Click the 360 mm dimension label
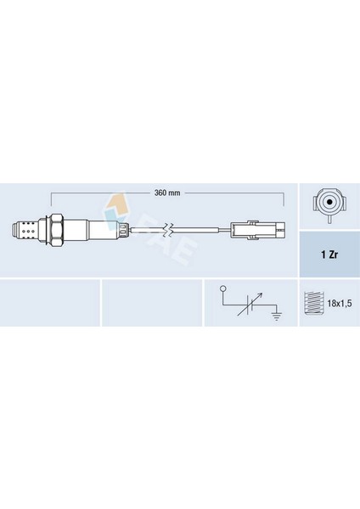(x=167, y=193)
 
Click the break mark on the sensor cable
(x=170, y=229)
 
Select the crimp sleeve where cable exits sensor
(x=122, y=229)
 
